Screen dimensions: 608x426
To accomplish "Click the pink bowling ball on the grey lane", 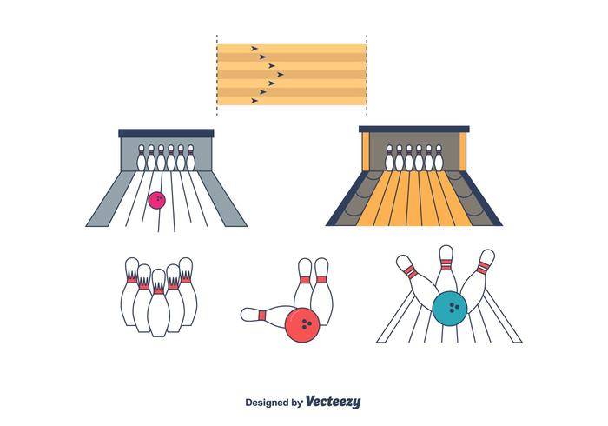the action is (x=157, y=200).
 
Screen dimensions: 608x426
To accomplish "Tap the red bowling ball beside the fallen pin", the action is (x=302, y=325).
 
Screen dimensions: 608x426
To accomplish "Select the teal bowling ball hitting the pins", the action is (x=450, y=309).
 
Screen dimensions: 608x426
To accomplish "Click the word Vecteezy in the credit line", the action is (x=333, y=402).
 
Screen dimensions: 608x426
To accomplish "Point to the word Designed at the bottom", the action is (x=267, y=403).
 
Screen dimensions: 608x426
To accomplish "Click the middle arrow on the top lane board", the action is (x=281, y=74).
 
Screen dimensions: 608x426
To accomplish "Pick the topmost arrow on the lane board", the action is (x=254, y=49).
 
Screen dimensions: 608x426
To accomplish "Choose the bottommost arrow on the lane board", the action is (x=254, y=101).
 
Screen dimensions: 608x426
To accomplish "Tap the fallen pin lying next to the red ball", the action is (x=268, y=314).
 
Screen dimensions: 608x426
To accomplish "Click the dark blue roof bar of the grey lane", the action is (x=166, y=133).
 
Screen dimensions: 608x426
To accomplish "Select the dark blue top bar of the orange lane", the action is (x=413, y=129).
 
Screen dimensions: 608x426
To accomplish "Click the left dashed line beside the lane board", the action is (x=217, y=75).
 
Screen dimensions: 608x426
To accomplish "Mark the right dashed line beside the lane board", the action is (x=367, y=75).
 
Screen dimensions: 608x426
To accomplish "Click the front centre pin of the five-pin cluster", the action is (x=159, y=304).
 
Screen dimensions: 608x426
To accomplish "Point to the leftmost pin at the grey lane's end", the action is (x=141, y=158).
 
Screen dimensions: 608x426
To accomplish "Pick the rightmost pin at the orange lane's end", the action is (x=439, y=158).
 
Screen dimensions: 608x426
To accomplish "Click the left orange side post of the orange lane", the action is (x=365, y=151).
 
